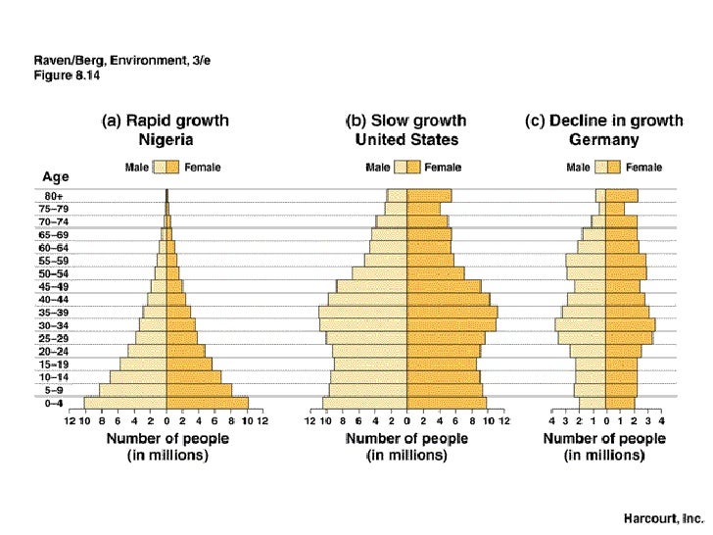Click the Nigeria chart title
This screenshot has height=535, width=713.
pyautogui.click(x=166, y=130)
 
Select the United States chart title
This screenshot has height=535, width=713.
pyautogui.click(x=405, y=130)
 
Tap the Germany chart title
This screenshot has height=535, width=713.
pyautogui.click(x=604, y=130)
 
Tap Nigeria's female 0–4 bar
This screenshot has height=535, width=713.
pyautogui.click(x=207, y=403)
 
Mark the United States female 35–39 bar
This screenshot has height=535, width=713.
pyautogui.click(x=452, y=313)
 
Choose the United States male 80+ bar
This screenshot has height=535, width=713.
pyautogui.click(x=397, y=196)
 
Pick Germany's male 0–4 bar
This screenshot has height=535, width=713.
pyautogui.click(x=592, y=403)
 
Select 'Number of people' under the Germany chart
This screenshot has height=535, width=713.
pyautogui.click(x=604, y=439)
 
